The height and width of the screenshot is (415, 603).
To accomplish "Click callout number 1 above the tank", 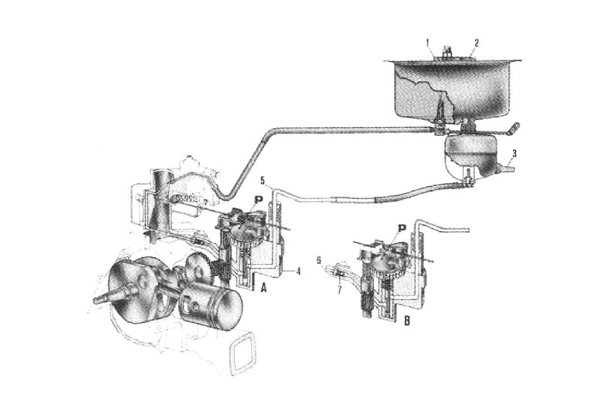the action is coord(428,44).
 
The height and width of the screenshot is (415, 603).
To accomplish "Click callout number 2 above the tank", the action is coord(476,43).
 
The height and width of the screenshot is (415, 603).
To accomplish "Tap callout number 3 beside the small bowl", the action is coord(514,154).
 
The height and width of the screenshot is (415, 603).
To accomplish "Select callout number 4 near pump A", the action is coord(298,271).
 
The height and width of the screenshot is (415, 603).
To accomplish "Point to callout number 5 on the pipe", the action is coord(263,180).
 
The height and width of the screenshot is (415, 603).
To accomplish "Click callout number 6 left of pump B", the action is coord(319,260).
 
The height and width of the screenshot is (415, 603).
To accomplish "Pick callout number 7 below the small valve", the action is coord(339,289).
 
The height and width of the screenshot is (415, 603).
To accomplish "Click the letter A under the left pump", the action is coord(263,287).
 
